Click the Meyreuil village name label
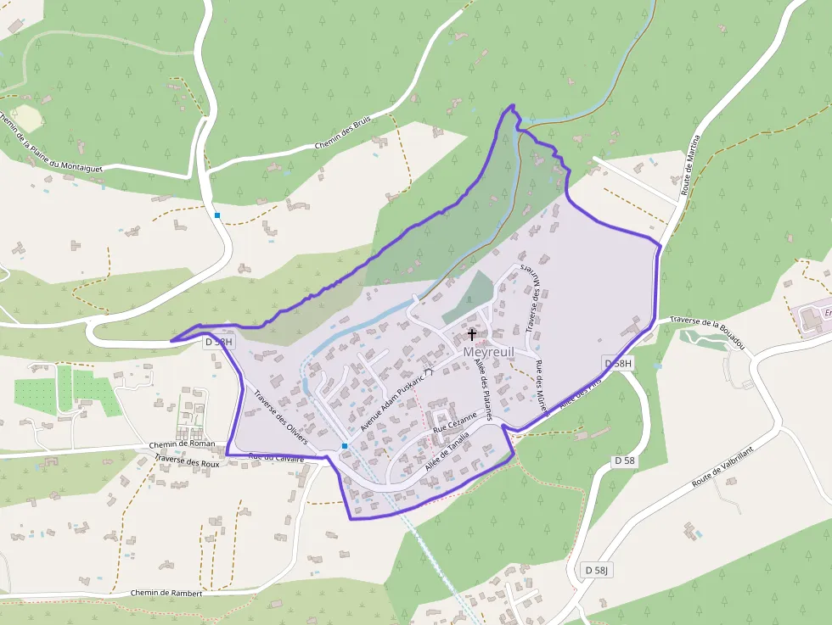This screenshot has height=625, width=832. tap(490, 350)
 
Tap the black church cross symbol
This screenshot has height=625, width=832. tap(472, 335)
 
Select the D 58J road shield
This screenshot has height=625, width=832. tap(598, 569)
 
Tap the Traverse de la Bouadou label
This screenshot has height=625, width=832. tap(707, 327)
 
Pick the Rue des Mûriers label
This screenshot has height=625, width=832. tap(540, 387)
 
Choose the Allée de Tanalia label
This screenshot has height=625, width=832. tap(447, 454)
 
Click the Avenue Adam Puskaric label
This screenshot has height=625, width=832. tap(392, 399)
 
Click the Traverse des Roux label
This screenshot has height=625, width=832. tap(187, 463)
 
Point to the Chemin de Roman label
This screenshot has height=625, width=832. tap(182, 444)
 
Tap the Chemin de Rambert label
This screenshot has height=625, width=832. tap(166, 593)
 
